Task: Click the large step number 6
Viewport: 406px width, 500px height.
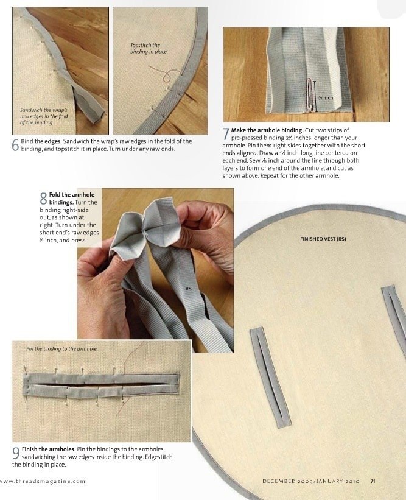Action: click(16, 145)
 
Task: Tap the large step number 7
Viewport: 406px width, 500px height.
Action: click(226, 134)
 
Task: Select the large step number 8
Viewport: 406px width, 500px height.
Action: click(44, 199)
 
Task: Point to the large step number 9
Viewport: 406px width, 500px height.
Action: click(16, 453)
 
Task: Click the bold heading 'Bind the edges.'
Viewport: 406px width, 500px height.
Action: click(41, 141)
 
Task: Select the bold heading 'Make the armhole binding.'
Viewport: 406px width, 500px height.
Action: click(267, 130)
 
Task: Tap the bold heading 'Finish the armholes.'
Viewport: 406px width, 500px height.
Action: click(49, 449)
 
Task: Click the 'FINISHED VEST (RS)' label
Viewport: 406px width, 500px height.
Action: click(323, 239)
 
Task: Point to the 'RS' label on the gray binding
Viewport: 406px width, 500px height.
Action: click(188, 289)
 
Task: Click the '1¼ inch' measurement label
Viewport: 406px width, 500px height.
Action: click(325, 97)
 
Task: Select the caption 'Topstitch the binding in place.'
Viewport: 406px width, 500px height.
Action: click(149, 49)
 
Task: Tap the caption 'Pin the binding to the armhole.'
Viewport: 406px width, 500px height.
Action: click(62, 349)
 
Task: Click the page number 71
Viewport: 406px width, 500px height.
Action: click(373, 481)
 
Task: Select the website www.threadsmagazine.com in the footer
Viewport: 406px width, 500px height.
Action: click(43, 481)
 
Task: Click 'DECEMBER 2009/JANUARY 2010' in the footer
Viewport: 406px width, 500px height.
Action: click(311, 481)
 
